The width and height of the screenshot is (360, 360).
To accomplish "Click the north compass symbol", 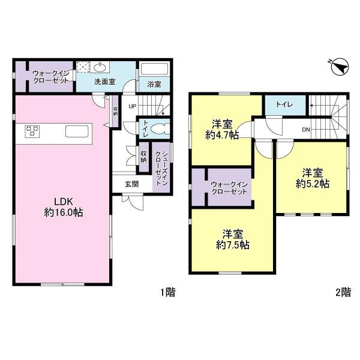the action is (340, 67).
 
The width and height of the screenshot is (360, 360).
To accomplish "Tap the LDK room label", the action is (64, 202).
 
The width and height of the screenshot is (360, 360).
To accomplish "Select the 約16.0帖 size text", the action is (64, 212).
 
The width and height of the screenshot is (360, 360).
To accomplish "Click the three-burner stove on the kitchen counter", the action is (32, 131).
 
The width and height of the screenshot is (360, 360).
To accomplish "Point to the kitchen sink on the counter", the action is (77, 131).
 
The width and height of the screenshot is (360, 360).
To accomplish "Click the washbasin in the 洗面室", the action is (100, 67).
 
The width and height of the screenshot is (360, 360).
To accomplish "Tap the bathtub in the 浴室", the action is (154, 68).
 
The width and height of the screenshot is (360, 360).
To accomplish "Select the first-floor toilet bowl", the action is (160, 129).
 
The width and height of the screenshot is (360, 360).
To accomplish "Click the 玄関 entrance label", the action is (132, 184).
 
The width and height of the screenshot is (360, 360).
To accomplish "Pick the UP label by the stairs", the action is (132, 106).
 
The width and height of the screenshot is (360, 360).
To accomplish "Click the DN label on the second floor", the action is (306, 130).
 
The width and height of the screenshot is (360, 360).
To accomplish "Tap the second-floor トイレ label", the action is (284, 104).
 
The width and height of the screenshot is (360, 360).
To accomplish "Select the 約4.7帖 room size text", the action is (222, 135).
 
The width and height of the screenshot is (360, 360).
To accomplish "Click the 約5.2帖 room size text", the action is (313, 184).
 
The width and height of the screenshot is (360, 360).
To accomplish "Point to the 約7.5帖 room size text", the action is (233, 245).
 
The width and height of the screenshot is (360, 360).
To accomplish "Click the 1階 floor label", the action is (168, 293).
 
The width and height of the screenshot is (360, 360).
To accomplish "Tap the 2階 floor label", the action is (343, 293).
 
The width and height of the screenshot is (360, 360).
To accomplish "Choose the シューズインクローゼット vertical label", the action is (161, 168).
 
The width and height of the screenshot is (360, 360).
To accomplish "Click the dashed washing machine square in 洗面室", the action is (83, 67).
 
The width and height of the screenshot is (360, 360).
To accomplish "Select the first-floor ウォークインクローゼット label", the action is (51, 77).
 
